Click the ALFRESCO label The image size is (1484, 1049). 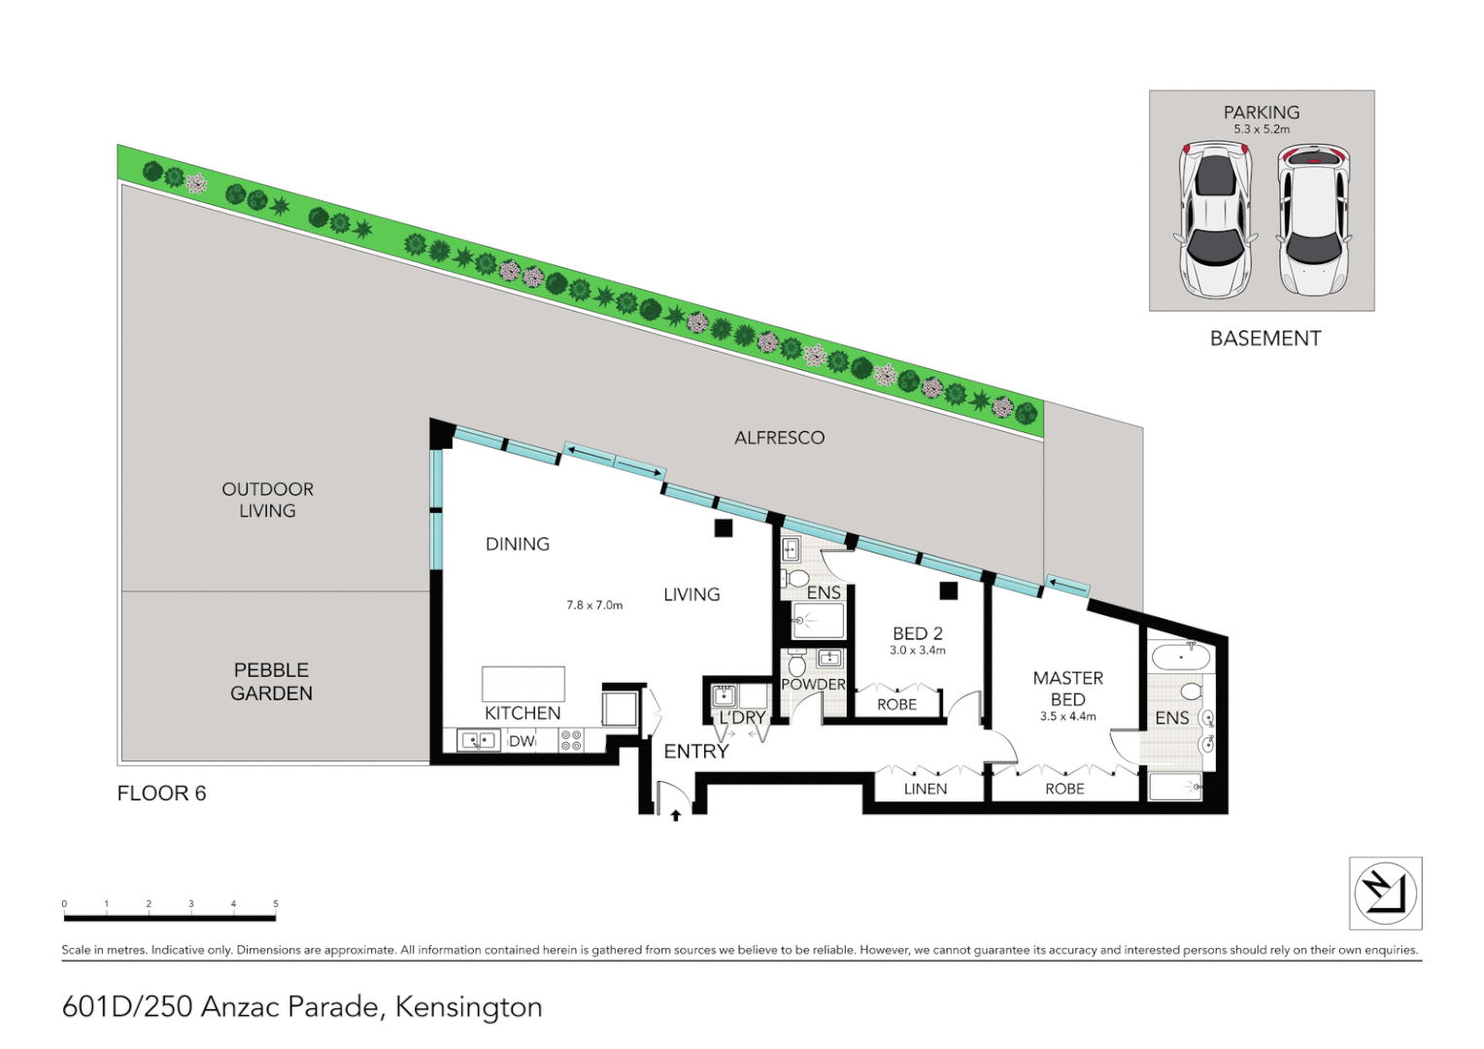[x=779, y=438]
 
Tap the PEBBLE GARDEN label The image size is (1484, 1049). [x=271, y=682]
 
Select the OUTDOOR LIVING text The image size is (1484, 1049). [x=267, y=500]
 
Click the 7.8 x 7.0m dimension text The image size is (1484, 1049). [x=594, y=605]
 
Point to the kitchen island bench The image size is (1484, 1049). [x=523, y=684]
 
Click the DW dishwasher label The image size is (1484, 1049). [x=522, y=741]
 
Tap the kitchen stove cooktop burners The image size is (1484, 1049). [x=571, y=741]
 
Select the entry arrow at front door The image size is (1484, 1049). [x=676, y=816]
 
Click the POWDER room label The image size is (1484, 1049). [x=813, y=685]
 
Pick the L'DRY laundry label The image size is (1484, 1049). [x=742, y=718]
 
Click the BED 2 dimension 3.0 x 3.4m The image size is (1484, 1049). [x=917, y=651]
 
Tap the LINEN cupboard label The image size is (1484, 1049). [x=925, y=789]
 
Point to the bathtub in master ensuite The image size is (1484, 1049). [x=1180, y=658]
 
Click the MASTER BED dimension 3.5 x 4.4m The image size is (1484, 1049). [x=1067, y=717]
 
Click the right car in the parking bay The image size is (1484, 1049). [x=1313, y=220]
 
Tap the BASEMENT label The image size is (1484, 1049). [x=1265, y=339]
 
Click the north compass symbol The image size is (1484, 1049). [x=1385, y=894]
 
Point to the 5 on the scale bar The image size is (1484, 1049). [x=276, y=904]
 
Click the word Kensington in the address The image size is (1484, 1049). [x=468, y=1007]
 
